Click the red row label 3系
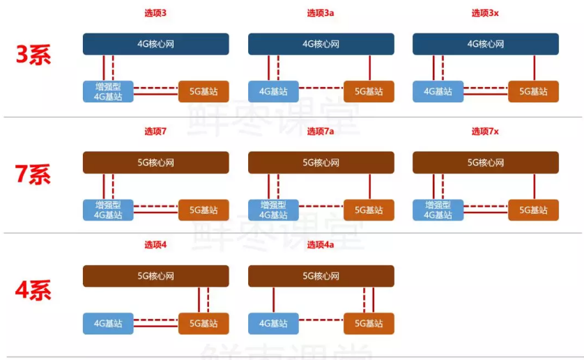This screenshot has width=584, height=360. pos(33,55)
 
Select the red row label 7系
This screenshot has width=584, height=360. pos(33,174)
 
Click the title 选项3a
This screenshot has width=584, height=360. pos(321,13)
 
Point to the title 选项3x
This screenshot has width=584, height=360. pos(485,13)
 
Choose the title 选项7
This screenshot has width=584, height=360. pos(155,132)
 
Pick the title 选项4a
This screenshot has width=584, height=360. pos(321,244)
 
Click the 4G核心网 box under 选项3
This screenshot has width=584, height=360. pos(155,44)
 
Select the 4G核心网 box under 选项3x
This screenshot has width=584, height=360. pos(485,44)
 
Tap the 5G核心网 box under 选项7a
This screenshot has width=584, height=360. pos(321,163)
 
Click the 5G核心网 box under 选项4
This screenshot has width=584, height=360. pos(155,276)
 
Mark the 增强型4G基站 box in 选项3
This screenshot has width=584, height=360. pos(108,92)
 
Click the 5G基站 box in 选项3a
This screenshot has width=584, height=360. pos(369,92)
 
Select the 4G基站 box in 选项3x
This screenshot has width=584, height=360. pos(438,92)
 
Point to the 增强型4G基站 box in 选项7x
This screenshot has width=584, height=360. pos(438,210)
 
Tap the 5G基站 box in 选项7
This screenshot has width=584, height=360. pos(203,210)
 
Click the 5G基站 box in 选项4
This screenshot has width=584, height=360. pos(203,324)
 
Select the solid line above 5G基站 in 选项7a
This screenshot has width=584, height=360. pos(370,187)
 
